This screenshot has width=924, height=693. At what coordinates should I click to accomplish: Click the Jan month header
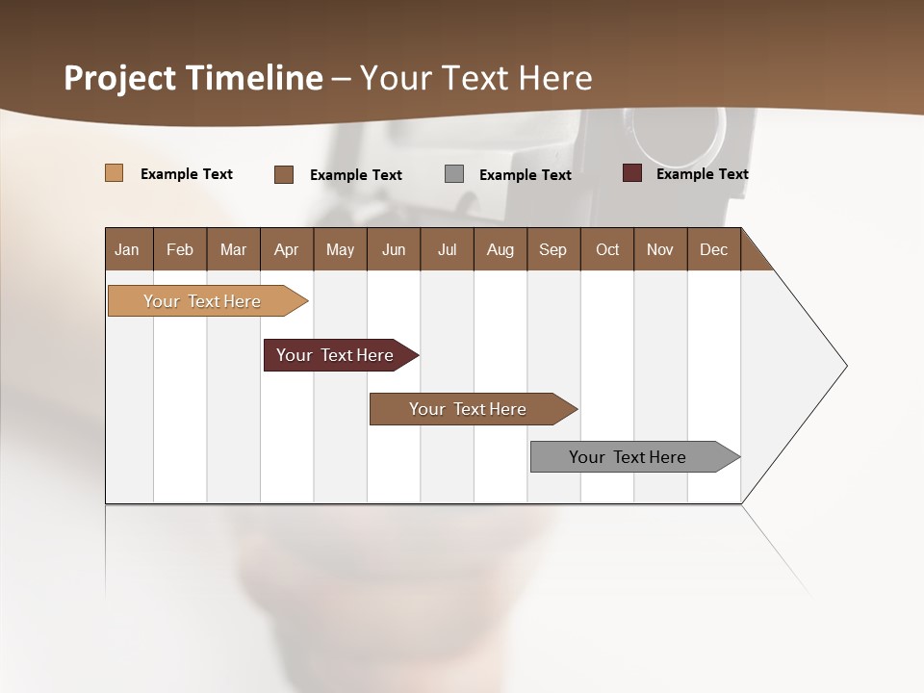click(128, 249)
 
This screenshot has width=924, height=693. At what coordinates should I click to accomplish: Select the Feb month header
click(180, 249)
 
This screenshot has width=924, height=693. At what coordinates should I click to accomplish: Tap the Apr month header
click(287, 249)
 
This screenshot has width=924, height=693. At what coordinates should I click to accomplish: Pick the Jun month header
click(394, 249)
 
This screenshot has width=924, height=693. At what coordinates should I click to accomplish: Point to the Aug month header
click(500, 249)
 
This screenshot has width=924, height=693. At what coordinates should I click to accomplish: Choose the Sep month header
click(552, 249)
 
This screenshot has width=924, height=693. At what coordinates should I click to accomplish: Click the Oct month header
click(607, 249)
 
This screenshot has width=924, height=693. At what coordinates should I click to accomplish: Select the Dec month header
click(713, 249)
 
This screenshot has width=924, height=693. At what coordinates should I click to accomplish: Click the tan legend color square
click(114, 173)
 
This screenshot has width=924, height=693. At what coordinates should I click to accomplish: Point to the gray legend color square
click(454, 174)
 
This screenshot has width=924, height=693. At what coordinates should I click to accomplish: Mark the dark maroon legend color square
click(631, 173)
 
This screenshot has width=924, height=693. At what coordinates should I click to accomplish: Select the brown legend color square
click(284, 174)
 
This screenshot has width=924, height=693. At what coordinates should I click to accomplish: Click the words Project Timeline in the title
click(193, 78)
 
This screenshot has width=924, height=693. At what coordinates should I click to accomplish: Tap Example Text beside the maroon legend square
click(702, 174)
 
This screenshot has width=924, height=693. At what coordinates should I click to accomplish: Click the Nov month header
click(660, 249)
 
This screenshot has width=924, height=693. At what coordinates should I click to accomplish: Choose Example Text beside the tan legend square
click(187, 174)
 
